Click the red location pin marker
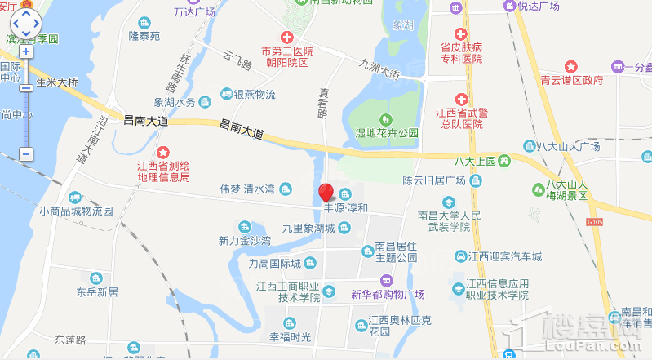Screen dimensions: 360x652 pos(326,193)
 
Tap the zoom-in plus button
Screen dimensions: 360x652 pos(26,51)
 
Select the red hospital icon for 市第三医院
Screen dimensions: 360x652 pos(286,38)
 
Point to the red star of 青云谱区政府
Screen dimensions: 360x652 pos(571,65)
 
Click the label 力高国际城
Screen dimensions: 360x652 pos(275,264)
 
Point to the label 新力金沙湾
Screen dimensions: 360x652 pos(244,241)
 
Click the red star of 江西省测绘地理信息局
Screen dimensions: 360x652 pos(163,152)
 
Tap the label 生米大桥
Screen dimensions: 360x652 pos(56,82)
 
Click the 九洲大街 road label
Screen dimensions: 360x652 pos(380,66)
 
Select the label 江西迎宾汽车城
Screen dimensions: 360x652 pos(506,256)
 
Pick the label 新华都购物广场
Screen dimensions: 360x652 pos(388,295)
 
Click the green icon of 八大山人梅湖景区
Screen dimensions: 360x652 pos(538,189)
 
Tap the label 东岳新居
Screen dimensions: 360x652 pos(98,291)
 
